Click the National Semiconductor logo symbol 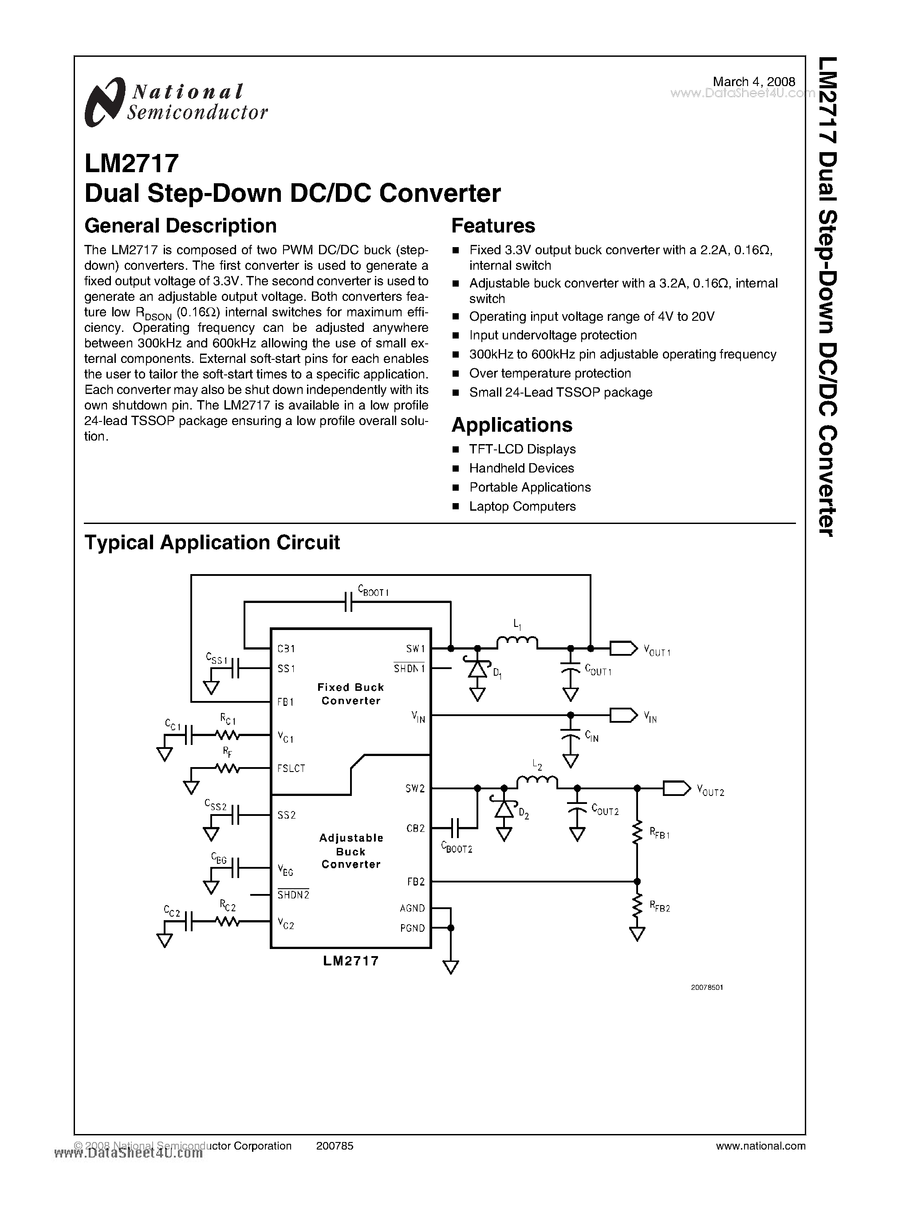point(103,102)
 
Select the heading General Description point(180,225)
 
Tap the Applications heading point(512,425)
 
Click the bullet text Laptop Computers point(522,506)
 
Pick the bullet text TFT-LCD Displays point(522,449)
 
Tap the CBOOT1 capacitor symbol point(348,602)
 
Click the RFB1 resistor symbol point(637,834)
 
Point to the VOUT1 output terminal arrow point(623,648)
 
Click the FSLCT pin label point(291,768)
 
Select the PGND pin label point(412,928)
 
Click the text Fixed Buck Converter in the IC point(351,693)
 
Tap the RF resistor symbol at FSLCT point(228,768)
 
